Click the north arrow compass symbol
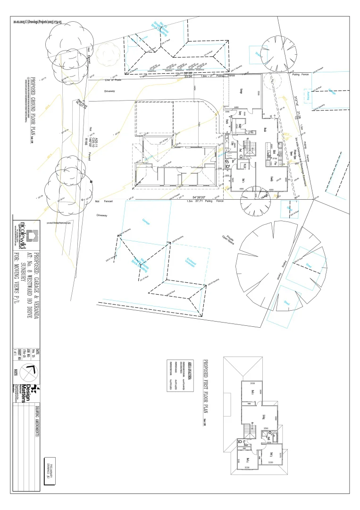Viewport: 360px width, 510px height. pos(31,372)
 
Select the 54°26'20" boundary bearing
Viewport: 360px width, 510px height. pos(201,197)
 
